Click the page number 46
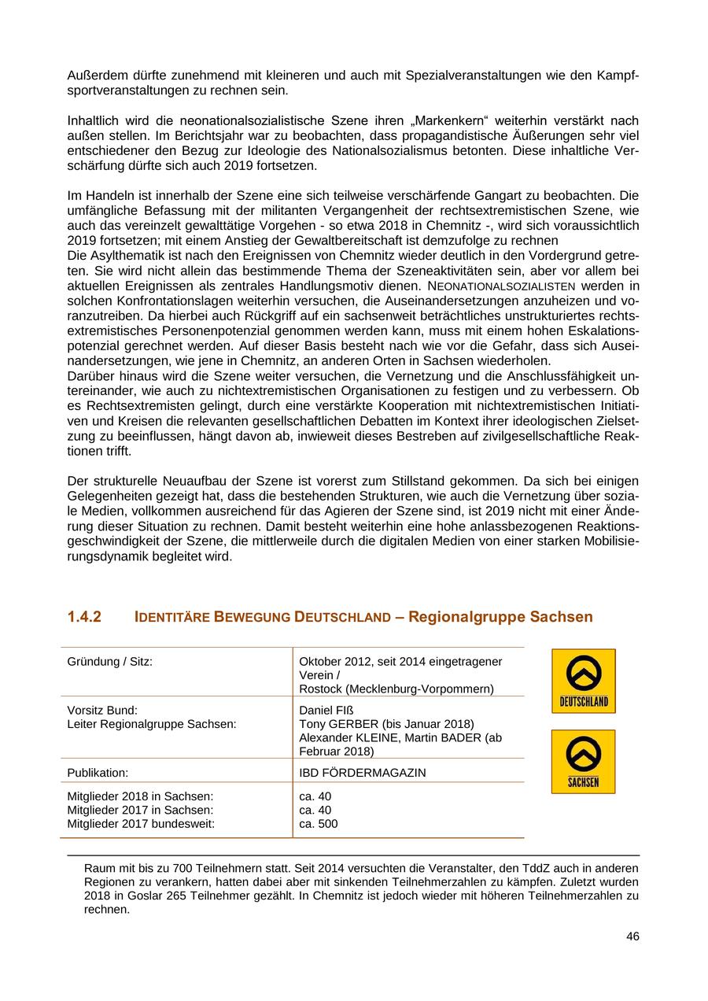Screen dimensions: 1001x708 (632, 936)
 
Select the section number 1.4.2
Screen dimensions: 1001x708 (84, 617)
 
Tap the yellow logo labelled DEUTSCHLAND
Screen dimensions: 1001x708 (583, 681)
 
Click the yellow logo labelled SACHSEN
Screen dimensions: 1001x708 (583, 762)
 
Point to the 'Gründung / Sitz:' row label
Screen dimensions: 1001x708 (109, 661)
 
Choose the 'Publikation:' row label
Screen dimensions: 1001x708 (98, 773)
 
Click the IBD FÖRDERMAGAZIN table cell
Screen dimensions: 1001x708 (362, 773)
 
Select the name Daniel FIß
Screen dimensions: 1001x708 (327, 710)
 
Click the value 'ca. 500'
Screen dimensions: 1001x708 (319, 824)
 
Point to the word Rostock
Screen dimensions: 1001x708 (320, 689)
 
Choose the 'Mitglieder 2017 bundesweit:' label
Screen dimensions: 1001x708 (140, 824)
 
